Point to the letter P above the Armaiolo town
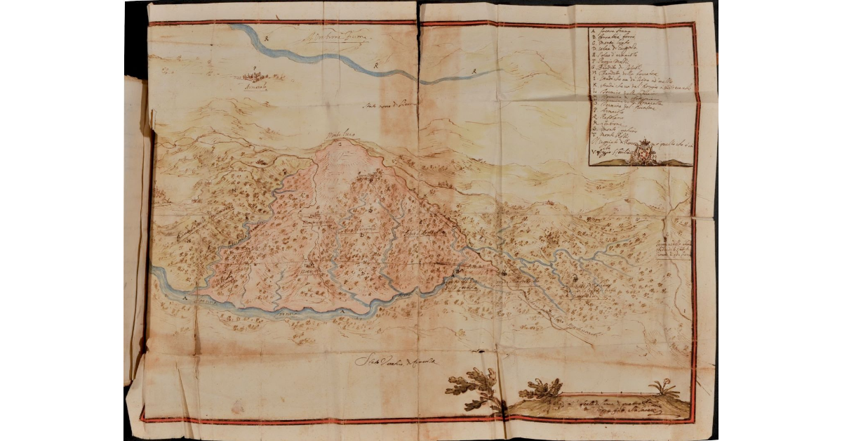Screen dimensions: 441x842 tap(255, 70)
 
